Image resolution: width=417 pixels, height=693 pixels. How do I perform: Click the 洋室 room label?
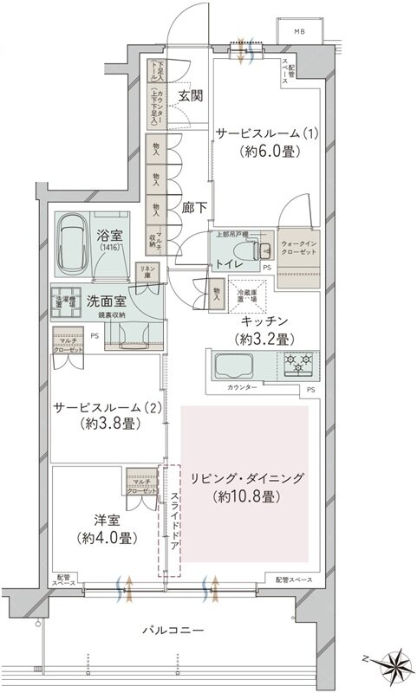pos(100,521)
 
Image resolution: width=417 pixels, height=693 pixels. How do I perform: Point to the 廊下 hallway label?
pos(193,209)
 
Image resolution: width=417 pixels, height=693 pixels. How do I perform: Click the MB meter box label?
pos(300,32)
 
